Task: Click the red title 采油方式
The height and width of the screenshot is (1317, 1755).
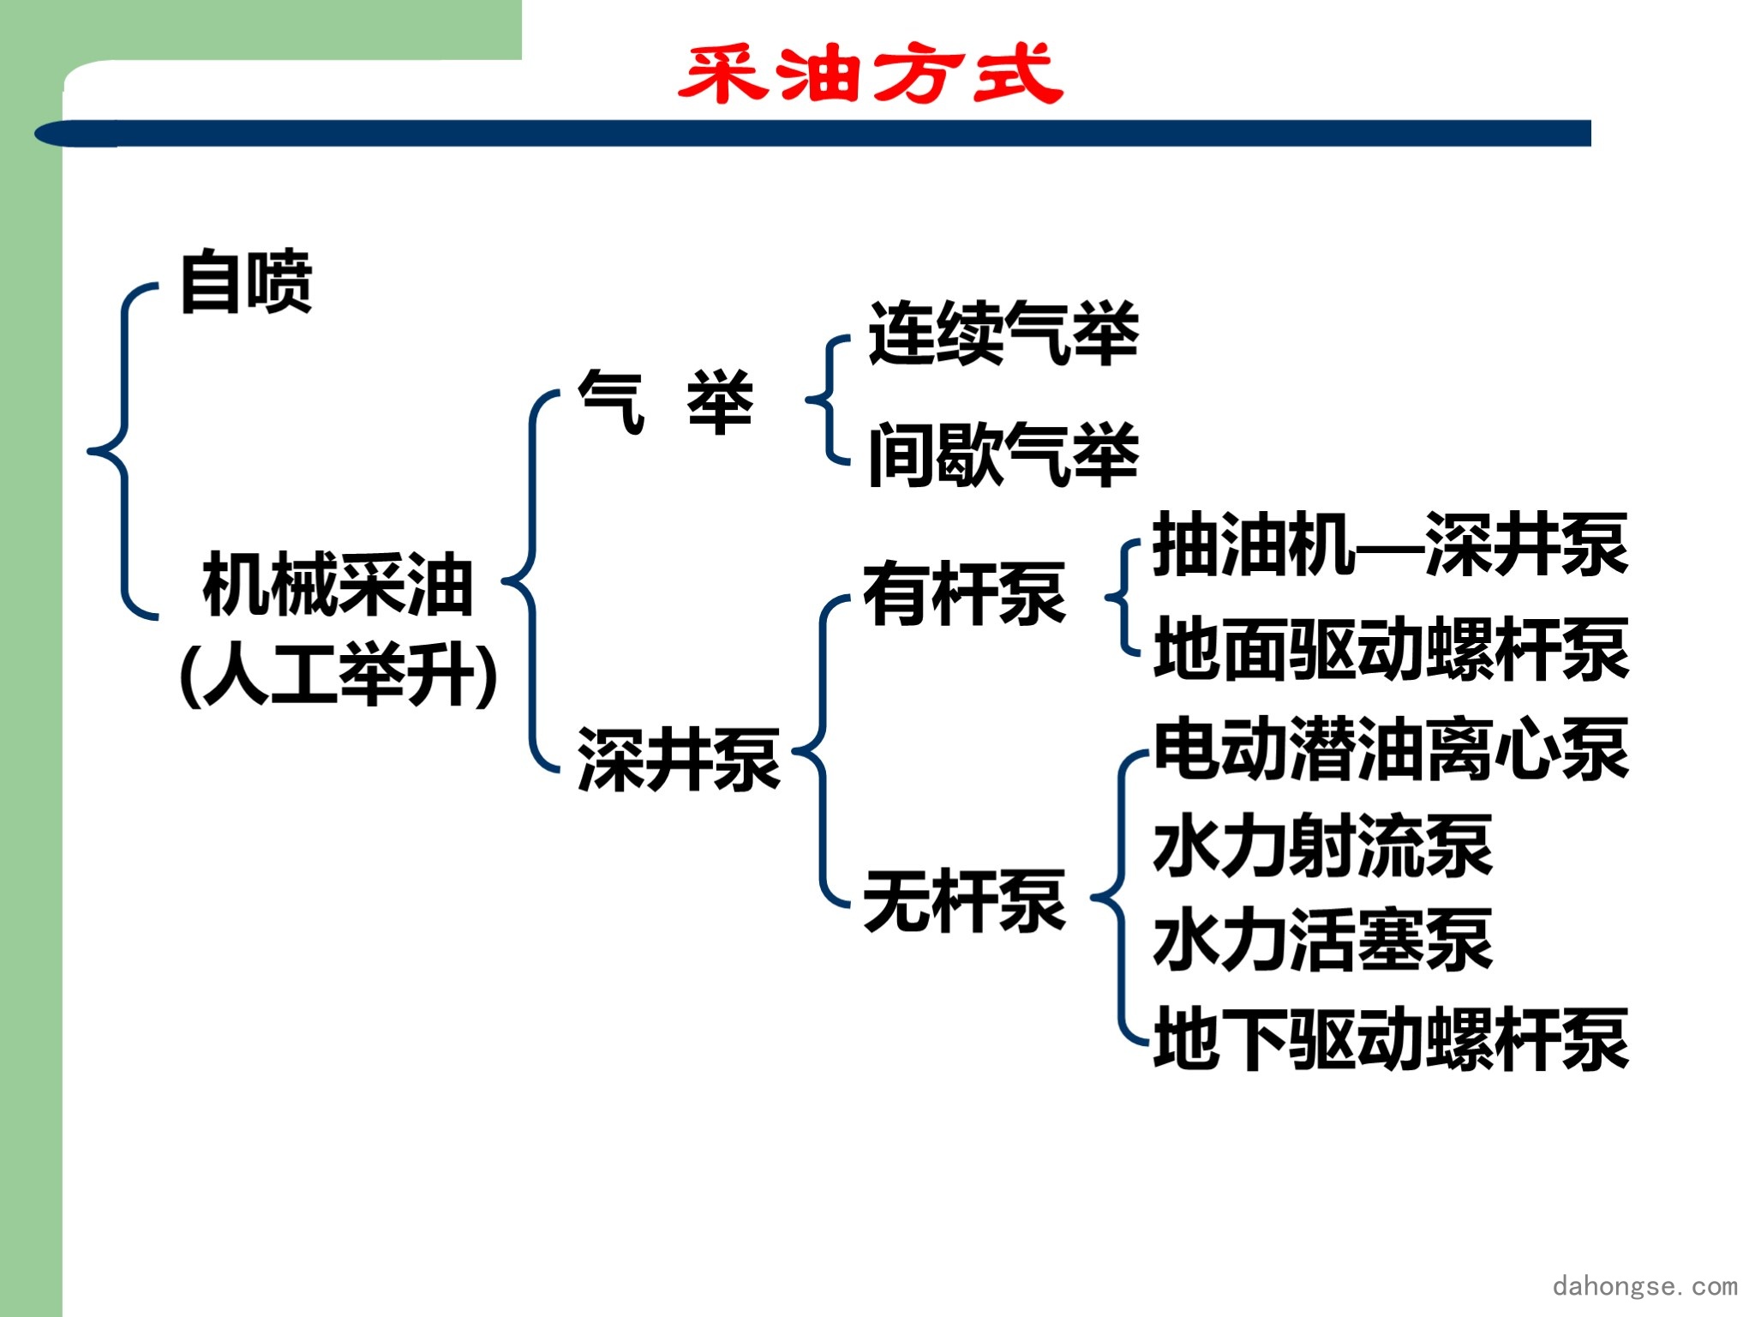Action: tap(871, 74)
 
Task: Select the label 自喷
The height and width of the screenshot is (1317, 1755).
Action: tap(247, 281)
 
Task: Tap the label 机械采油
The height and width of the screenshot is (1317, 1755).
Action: tap(338, 585)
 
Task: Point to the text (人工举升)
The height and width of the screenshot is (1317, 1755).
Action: tap(339, 675)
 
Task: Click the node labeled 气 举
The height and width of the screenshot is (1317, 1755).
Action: tap(666, 401)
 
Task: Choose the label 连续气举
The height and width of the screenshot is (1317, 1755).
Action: tap(1003, 334)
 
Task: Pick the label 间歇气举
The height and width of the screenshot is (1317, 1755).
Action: tap(1003, 454)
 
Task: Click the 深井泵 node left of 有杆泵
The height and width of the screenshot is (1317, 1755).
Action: tap(679, 759)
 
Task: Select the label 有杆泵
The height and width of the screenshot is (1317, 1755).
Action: tap(965, 594)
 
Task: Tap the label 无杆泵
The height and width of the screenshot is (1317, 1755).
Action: tap(965, 900)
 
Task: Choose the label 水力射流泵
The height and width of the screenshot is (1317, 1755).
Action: tap(1323, 845)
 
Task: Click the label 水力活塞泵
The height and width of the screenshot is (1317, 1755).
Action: tap(1323, 940)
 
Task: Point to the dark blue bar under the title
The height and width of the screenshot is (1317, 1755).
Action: tap(812, 134)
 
